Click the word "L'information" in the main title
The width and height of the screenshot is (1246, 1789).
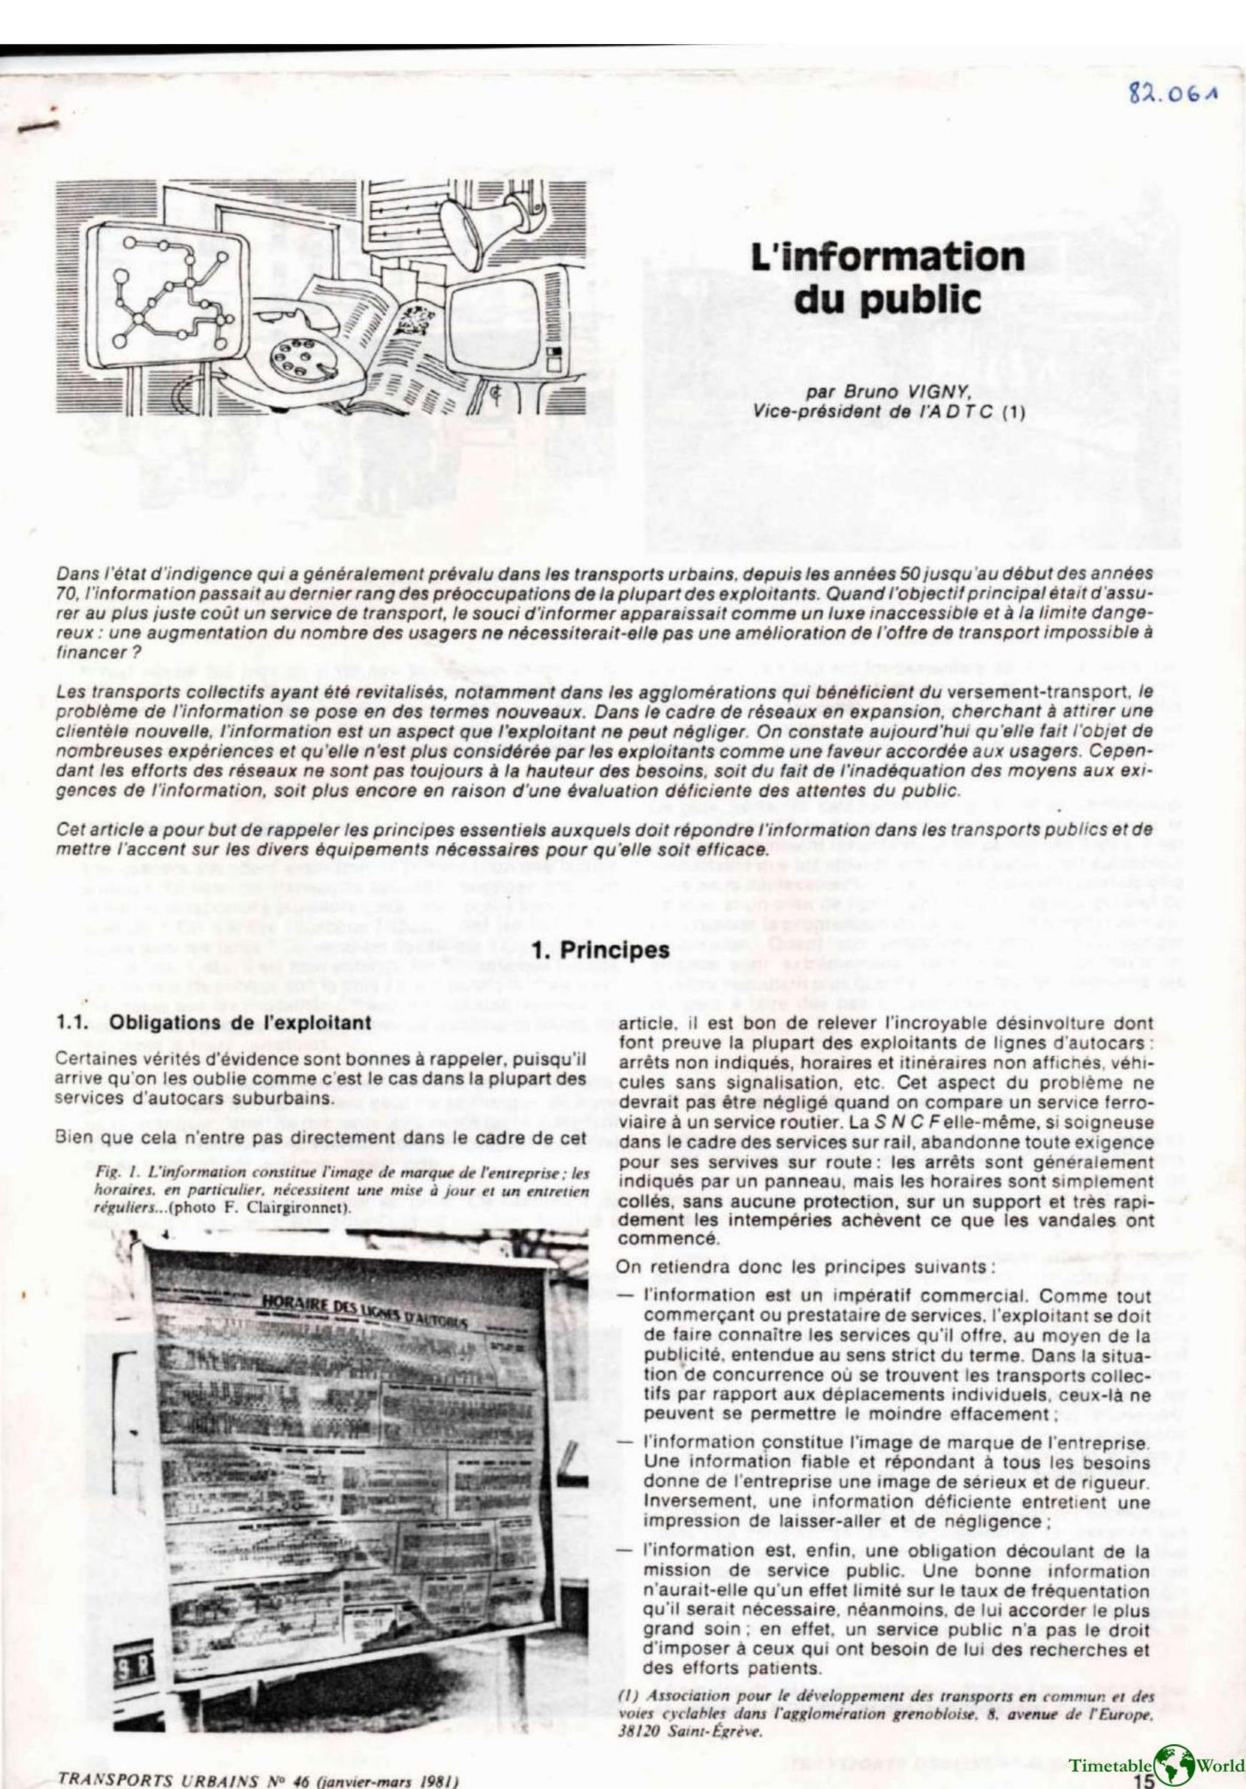pos(887,257)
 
